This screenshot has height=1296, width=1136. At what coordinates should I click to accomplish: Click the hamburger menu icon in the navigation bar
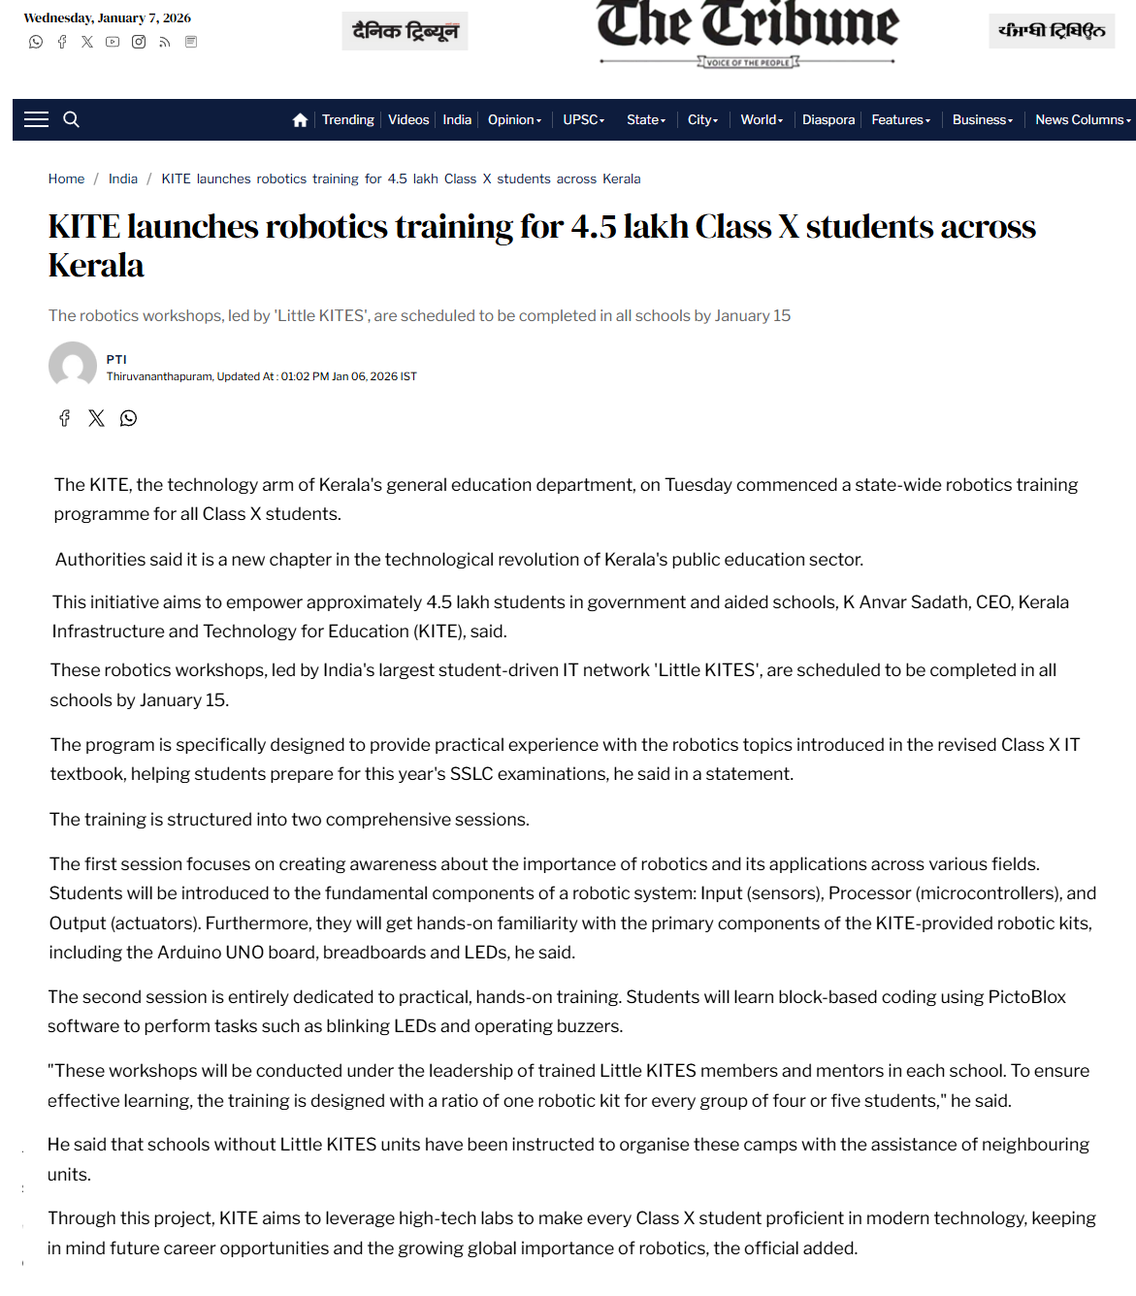tap(36, 119)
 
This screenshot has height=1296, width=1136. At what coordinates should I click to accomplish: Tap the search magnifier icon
tap(71, 119)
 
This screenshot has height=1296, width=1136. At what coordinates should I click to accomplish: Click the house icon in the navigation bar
tap(300, 120)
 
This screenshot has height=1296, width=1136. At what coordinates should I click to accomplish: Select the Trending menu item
tap(347, 120)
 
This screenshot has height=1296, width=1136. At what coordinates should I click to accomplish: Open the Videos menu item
tap(408, 120)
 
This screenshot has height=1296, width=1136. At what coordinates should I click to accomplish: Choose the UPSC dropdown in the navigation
tap(583, 120)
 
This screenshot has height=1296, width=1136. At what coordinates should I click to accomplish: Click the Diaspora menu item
tap(828, 120)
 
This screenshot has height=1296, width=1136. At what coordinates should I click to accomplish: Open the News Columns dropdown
tap(1082, 120)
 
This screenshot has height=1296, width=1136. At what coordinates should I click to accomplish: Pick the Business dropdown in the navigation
tap(982, 120)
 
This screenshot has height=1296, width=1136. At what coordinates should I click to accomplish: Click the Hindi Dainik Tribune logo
tap(405, 31)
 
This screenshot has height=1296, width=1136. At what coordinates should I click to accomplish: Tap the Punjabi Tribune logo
tap(1052, 31)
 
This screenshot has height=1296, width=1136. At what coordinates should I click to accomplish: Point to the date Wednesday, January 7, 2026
tap(107, 17)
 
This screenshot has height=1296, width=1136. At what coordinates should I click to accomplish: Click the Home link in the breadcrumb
tap(66, 178)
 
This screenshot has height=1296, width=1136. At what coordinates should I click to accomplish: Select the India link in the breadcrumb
tap(122, 178)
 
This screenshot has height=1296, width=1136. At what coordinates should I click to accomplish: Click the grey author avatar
tap(73, 366)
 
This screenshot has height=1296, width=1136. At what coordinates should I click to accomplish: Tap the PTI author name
tap(116, 359)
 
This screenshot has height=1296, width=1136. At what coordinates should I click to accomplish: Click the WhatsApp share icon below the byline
tap(128, 418)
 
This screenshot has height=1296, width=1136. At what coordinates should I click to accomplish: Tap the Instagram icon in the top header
tap(139, 42)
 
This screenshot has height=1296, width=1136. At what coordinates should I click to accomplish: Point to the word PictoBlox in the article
tap(1026, 997)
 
